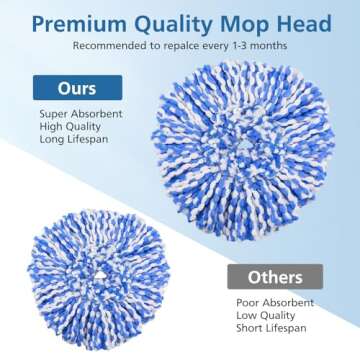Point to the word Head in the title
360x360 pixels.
(x=290, y=20)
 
